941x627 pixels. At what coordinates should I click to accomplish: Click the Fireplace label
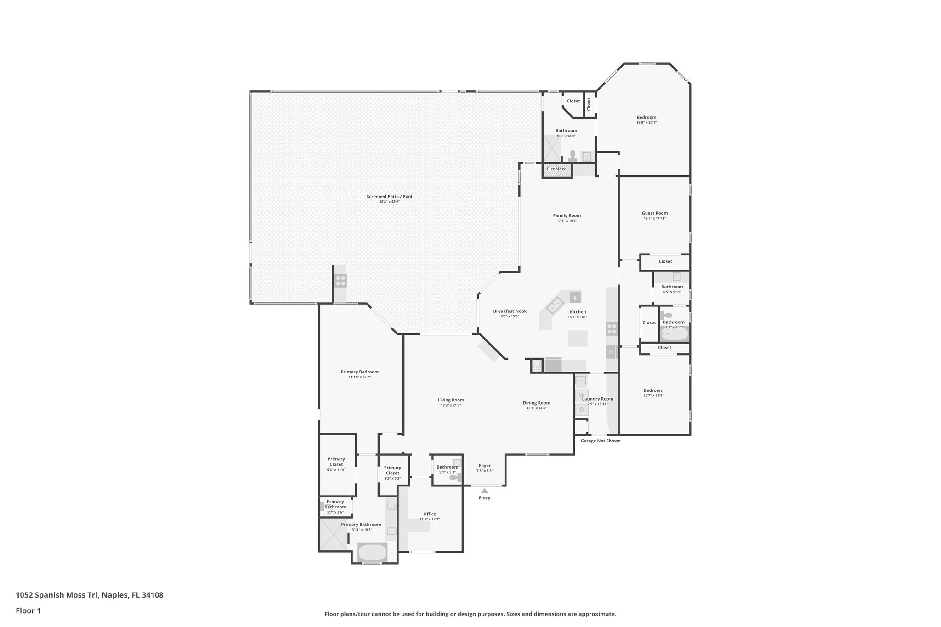[556, 169]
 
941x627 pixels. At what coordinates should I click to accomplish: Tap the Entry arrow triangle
[484, 491]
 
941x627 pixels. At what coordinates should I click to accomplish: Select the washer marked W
[581, 395]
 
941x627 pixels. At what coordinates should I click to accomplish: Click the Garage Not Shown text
[600, 441]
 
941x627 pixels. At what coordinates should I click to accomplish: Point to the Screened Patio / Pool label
[389, 197]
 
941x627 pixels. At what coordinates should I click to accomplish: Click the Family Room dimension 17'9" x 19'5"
[567, 221]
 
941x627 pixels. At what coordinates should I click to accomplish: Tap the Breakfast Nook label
[510, 311]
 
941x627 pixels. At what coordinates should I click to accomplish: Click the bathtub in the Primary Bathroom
[372, 552]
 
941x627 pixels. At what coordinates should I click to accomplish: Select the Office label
[429, 514]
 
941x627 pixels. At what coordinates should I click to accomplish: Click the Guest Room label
[654, 213]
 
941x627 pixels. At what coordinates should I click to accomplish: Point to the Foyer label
[484, 466]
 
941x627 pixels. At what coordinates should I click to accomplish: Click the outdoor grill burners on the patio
[340, 280]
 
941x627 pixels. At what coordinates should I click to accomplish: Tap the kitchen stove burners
[612, 328]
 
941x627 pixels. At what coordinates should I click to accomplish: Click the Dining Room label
[536, 403]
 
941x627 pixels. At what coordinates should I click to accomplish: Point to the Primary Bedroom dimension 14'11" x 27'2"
[359, 377]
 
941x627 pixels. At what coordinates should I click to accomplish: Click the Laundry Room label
[597, 399]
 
